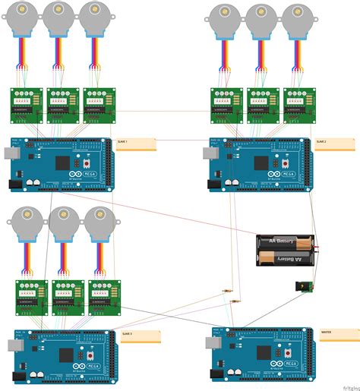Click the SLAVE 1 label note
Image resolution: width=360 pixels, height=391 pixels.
click(136, 144)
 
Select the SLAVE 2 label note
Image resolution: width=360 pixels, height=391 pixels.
click(334, 144)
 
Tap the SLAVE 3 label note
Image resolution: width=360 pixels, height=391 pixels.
click(140, 337)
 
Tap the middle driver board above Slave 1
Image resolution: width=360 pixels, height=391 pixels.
click(63, 105)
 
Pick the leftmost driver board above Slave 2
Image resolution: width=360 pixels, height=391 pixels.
click(226, 105)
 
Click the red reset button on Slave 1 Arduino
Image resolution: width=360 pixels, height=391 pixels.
click(87, 163)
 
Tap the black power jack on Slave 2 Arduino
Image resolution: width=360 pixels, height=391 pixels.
click(213, 183)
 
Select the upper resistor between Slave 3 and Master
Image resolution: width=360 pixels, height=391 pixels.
click(227, 292)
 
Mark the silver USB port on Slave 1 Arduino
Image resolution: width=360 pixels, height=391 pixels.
click(9, 153)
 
